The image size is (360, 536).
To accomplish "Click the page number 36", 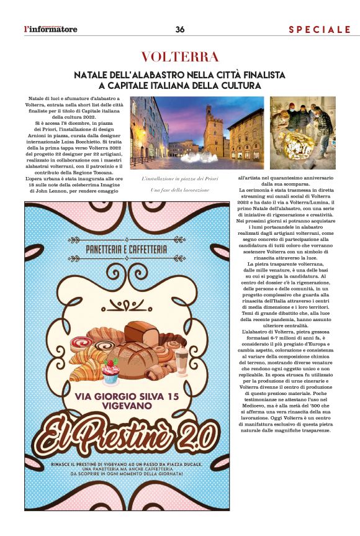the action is pyautogui.click(x=180, y=29).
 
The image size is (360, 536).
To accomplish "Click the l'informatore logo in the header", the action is pyautogui.click(x=51, y=29).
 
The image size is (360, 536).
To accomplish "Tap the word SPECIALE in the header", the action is pyautogui.click(x=320, y=29).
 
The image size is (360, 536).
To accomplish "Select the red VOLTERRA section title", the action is pyautogui.click(x=179, y=57).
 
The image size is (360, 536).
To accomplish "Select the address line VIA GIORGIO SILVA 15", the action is pyautogui.click(x=125, y=396).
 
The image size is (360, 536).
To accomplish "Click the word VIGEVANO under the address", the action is pyautogui.click(x=125, y=409).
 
